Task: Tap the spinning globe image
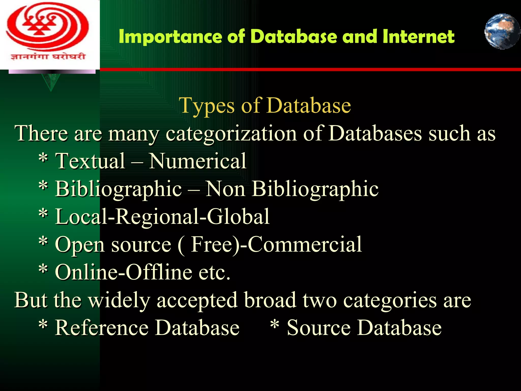tap(502, 31)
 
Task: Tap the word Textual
tap(90, 161)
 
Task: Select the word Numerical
tap(197, 161)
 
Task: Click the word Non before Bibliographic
tap(225, 189)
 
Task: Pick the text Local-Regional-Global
tap(162, 217)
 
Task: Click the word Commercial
tap(305, 244)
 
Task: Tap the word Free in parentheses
tap(214, 244)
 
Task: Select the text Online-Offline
tap(124, 272)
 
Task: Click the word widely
tap(119, 300)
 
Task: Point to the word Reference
tap(102, 328)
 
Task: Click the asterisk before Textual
tap(43, 159)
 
